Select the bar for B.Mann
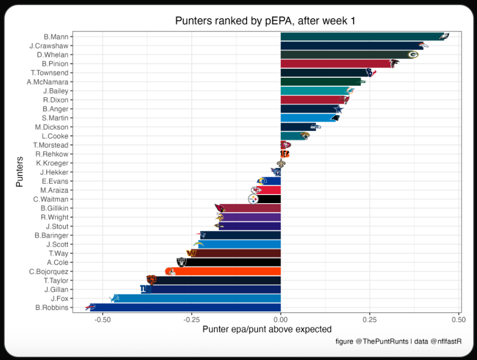pos(363,37)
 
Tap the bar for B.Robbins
pos(186,308)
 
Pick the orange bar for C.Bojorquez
pos(224,271)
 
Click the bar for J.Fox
pos(198,298)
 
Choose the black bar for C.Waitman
pos(269,199)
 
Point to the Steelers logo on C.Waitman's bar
pos(253,199)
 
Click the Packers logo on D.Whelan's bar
pos(413,55)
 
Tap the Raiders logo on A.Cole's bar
pos(181,262)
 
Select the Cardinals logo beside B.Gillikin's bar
pos(219,208)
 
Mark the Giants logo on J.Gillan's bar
pos(145,289)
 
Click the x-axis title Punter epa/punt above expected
pos(267,329)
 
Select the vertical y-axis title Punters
pos(20,172)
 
